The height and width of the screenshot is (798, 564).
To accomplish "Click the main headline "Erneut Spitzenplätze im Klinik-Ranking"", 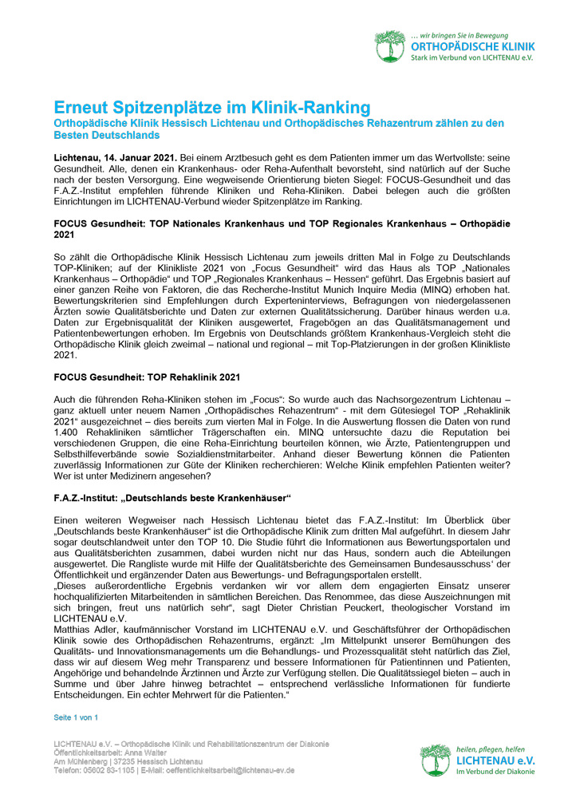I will click(x=200, y=107).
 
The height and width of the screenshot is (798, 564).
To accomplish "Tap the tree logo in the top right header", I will click(x=391, y=46).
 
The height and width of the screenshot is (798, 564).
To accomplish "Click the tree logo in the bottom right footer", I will click(x=436, y=760).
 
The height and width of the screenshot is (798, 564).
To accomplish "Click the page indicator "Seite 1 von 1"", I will click(x=76, y=718).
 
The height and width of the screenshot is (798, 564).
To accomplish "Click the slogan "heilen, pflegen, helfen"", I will click(x=492, y=749).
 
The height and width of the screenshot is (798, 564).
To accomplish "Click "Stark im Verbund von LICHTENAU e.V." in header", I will click(x=472, y=59).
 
